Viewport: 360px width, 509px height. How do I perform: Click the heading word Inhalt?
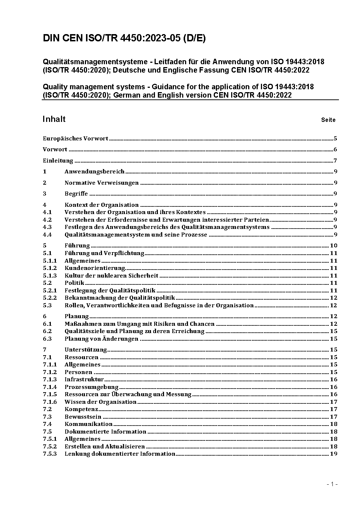[x=54, y=119]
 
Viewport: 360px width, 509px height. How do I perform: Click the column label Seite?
[x=328, y=120]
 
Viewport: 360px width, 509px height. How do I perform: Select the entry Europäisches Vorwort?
[x=75, y=138]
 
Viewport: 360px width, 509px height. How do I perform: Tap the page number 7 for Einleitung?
[x=335, y=161]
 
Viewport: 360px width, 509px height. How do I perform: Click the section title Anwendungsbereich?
[x=94, y=172]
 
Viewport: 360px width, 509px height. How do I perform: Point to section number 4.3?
[x=47, y=227]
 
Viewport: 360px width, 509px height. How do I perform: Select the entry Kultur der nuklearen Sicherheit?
[x=111, y=275]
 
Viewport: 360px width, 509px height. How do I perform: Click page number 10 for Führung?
[x=334, y=246]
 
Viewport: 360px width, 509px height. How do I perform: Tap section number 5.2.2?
[x=50, y=298]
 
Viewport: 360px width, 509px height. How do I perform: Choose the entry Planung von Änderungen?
[x=101, y=339]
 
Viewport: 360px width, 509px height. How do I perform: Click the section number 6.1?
[x=47, y=324]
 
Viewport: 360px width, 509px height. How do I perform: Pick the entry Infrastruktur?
[x=84, y=379]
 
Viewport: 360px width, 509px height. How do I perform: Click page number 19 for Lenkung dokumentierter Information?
[x=334, y=454]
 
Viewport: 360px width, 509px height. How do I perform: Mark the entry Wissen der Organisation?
[x=100, y=402]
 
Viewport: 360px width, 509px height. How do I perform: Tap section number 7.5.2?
[x=50, y=447]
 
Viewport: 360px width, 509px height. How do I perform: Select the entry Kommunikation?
[x=89, y=424]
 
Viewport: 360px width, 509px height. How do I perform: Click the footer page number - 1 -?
[x=332, y=484]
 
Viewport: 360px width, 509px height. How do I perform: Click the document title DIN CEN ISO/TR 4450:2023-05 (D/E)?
[x=124, y=38]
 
